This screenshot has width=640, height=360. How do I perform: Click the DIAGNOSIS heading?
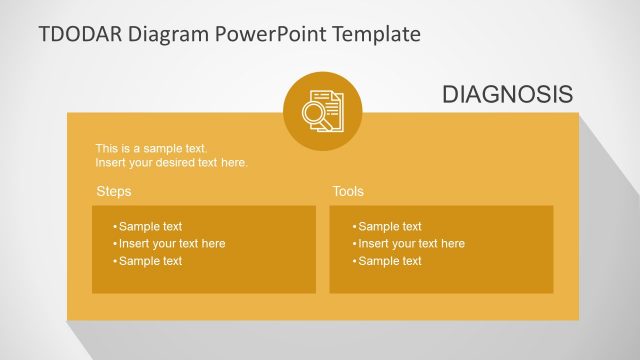click(x=507, y=94)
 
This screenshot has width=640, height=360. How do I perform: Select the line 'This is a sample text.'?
click(x=151, y=149)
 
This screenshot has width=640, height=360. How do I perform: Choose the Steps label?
click(x=113, y=191)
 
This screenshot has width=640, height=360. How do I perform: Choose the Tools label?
click(x=348, y=191)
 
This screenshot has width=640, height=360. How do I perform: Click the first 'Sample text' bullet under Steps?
click(x=150, y=226)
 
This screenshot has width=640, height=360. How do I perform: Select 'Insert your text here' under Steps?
click(x=171, y=243)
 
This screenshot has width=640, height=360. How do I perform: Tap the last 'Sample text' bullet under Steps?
click(x=150, y=261)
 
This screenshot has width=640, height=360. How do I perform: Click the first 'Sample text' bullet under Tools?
click(x=389, y=226)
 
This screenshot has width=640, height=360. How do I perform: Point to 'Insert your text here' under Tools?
click(x=410, y=243)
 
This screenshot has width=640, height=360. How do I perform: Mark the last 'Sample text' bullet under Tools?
click(x=389, y=261)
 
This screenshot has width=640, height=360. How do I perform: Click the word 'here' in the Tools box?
click(x=453, y=243)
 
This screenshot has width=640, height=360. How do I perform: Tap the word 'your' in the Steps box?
click(x=167, y=243)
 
